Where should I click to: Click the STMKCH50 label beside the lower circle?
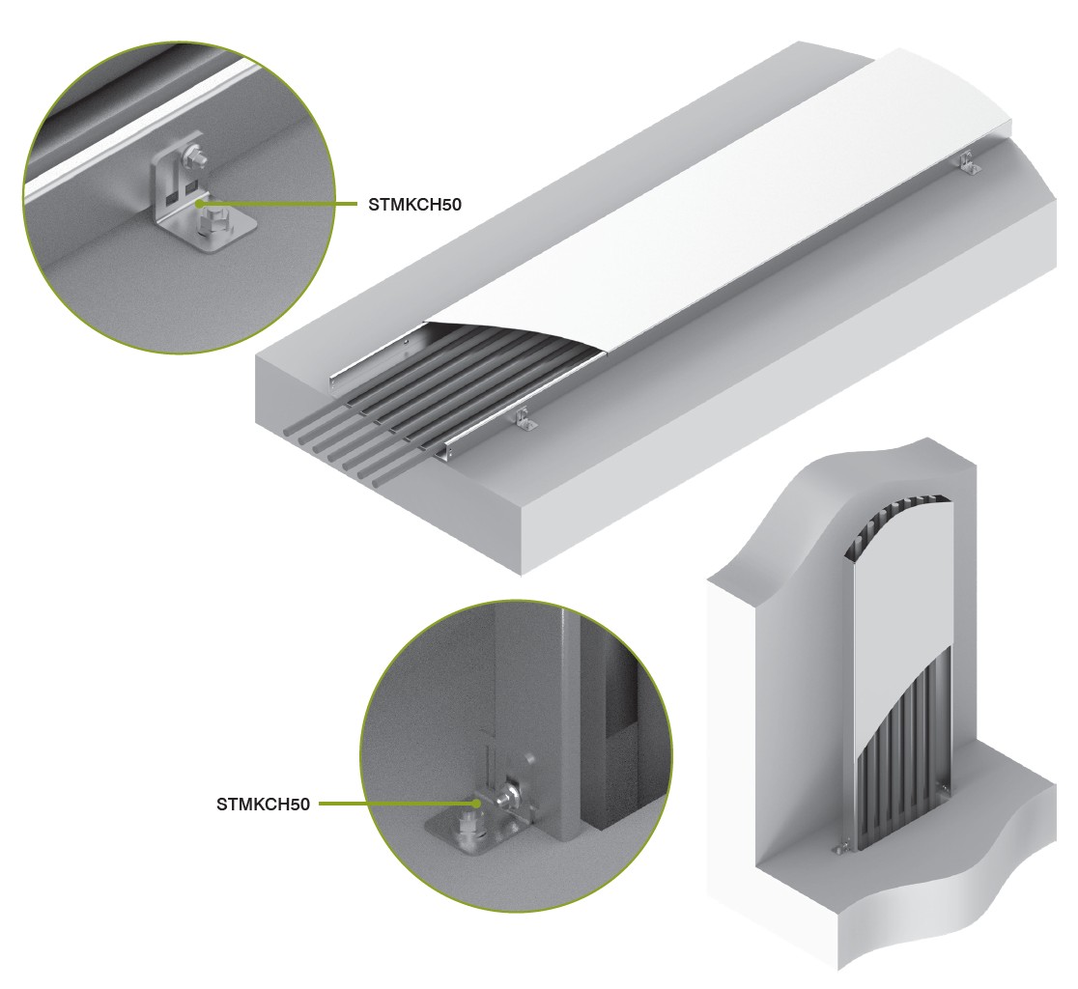(x=263, y=804)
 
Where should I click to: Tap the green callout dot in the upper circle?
(x=199, y=204)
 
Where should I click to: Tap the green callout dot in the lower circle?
(x=476, y=803)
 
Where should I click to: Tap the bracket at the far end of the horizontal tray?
(x=970, y=164)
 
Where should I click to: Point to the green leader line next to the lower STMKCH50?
(x=397, y=803)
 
